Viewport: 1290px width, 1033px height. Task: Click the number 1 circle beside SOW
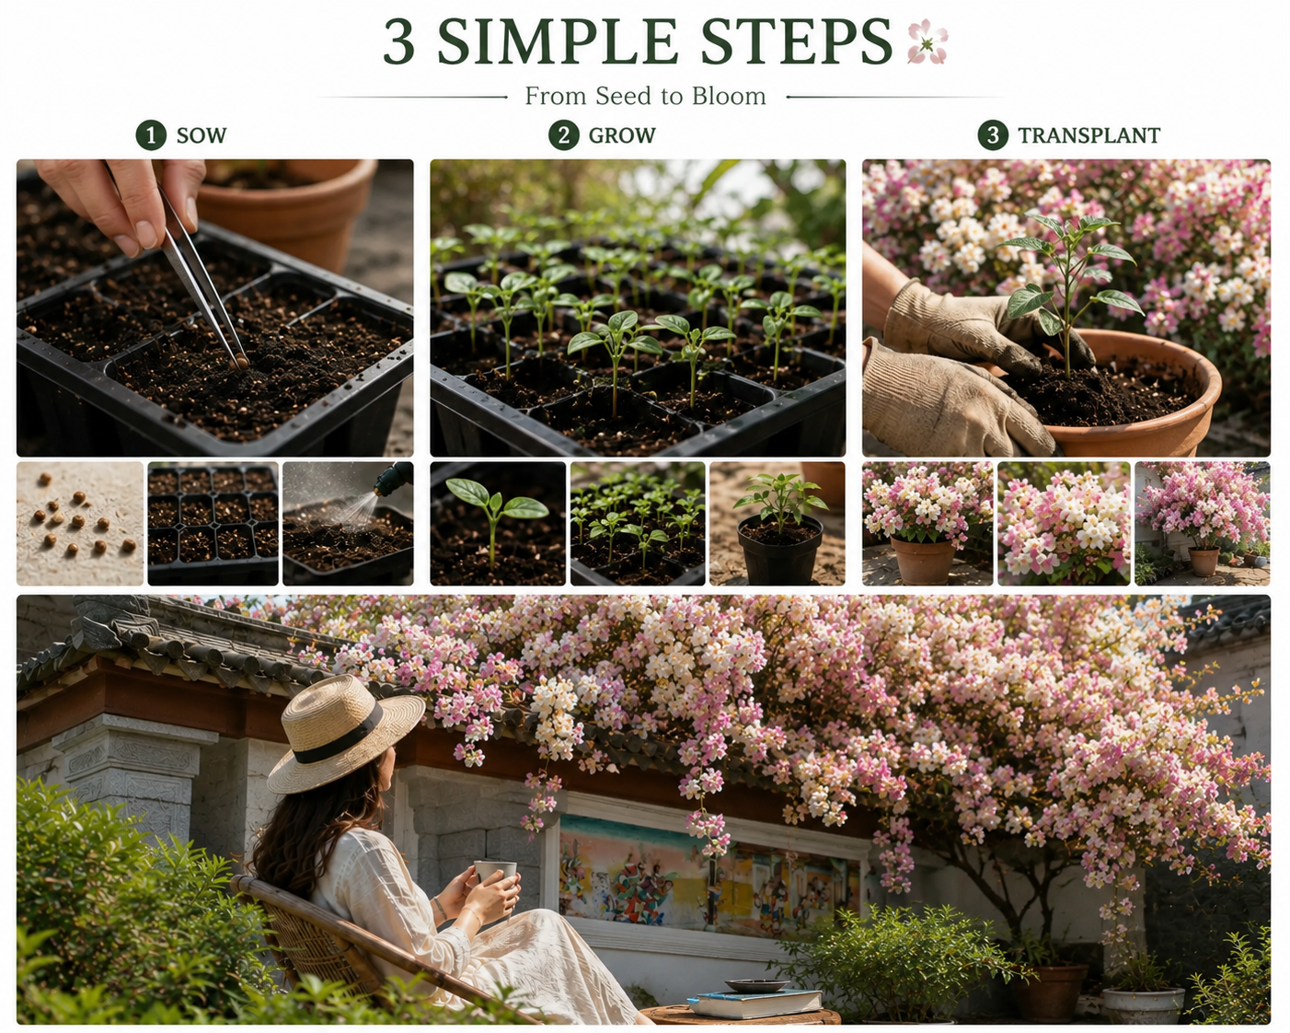pos(151,135)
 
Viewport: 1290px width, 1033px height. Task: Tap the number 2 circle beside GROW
pos(563,135)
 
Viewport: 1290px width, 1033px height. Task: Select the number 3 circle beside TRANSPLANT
pos(993,135)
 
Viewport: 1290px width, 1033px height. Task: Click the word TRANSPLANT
pos(1088,135)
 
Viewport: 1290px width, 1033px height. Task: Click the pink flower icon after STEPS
pos(927,41)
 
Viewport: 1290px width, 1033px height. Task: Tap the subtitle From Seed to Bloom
pos(645,96)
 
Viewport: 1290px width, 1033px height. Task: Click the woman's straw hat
pos(345,733)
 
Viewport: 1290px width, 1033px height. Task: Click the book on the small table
pos(754,1004)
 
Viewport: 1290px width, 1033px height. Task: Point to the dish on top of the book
pos(756,986)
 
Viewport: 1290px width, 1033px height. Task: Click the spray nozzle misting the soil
pos(393,478)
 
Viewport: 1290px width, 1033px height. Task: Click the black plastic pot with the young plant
pos(779,549)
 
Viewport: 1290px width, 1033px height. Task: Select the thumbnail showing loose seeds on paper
pos(80,523)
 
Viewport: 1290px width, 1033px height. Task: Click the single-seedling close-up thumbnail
pos(498,523)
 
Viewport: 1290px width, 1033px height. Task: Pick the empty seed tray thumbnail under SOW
pos(213,523)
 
